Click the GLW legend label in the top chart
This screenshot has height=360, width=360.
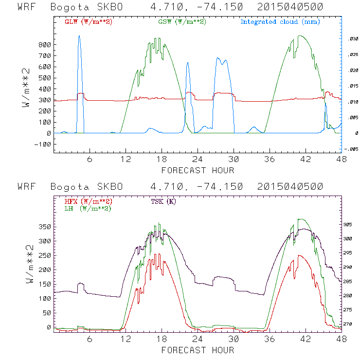tap(88, 22)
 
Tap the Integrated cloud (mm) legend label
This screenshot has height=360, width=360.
tap(280, 22)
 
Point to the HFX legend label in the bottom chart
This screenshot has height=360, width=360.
tap(88, 201)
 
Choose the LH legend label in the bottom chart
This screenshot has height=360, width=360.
tap(88, 208)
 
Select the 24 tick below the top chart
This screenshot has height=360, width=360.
tap(198, 160)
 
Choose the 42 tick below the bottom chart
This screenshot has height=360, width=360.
tap(306, 339)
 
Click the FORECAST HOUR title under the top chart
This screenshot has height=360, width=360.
tap(198, 170)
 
